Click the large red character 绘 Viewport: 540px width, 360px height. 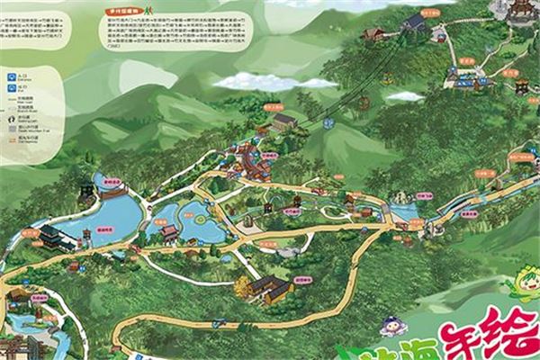point(508,333)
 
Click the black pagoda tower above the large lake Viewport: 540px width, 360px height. point(85,192)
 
